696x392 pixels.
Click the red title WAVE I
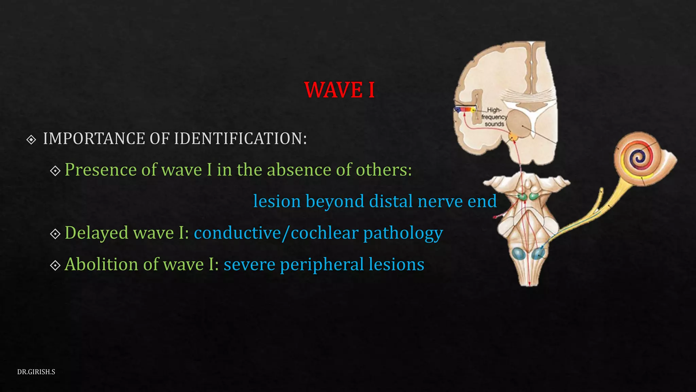(x=339, y=90)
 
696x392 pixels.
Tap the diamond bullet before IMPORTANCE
(x=31, y=140)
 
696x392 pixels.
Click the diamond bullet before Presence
(x=55, y=170)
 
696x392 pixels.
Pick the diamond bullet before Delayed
(x=55, y=234)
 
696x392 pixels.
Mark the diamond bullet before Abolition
(x=55, y=265)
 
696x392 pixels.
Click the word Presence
(x=100, y=170)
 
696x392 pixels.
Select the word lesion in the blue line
(x=277, y=201)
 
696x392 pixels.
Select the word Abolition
(x=110, y=264)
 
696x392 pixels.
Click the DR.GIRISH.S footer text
(x=36, y=372)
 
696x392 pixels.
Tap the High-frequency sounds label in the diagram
(x=494, y=117)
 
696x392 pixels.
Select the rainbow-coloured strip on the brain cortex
(x=465, y=110)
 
